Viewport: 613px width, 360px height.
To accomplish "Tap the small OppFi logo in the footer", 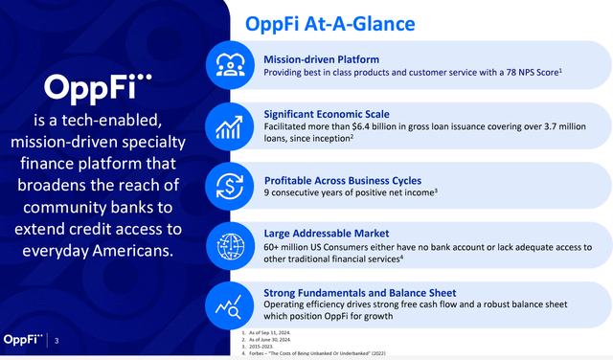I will point(24,339).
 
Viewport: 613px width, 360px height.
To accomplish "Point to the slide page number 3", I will point(56,340).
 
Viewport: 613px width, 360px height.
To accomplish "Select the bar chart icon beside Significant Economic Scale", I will point(228,126).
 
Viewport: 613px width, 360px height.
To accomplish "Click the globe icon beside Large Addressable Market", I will point(228,244).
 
